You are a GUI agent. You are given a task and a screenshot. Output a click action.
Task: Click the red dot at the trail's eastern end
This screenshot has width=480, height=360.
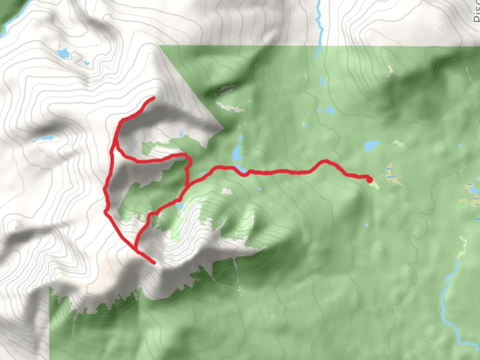coord(370,180)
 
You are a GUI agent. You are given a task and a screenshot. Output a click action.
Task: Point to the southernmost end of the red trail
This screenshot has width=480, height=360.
coord(154,263)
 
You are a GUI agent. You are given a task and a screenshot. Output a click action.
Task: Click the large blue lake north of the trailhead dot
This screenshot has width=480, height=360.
coord(372,146)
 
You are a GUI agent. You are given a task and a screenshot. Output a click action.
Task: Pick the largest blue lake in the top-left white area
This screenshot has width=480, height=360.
coord(63,53)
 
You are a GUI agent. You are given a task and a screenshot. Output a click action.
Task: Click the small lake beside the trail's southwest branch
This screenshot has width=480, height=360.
coord(180,206)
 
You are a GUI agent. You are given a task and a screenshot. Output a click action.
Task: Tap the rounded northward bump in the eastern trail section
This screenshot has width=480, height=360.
coord(324,162)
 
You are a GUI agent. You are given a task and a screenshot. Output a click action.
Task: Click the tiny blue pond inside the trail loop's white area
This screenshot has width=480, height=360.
coord(182,133)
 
